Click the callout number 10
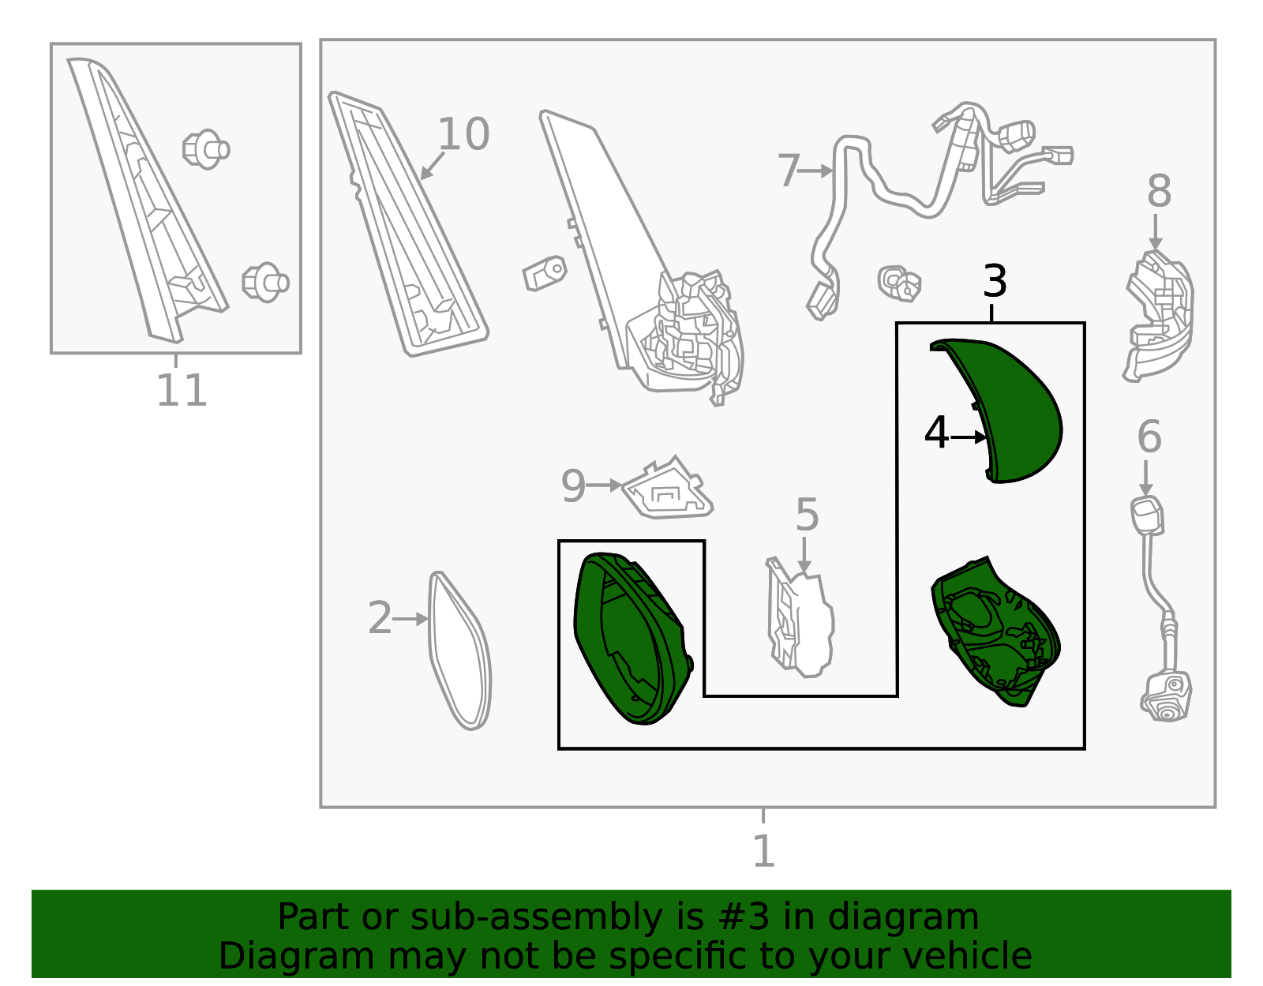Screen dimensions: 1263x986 click(463, 134)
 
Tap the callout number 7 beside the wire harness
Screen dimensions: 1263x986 click(789, 171)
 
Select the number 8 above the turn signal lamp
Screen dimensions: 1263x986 click(1159, 190)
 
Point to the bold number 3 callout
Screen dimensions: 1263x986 click(995, 281)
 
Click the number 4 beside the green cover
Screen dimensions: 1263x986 click(935, 433)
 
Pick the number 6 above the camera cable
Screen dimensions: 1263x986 click(1149, 437)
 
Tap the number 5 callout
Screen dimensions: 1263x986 click(807, 515)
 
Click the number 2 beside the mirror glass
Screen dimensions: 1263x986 click(380, 617)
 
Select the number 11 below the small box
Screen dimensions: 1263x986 click(182, 391)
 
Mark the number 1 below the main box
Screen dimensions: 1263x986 click(764, 852)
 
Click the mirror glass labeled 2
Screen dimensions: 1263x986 click(459, 650)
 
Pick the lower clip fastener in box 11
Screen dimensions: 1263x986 click(265, 283)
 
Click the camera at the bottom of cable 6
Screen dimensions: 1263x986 click(1166, 696)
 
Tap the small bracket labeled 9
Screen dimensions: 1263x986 click(667, 489)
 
